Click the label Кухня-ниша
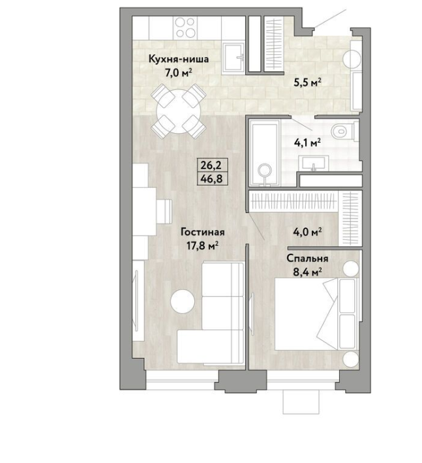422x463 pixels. click(x=178, y=59)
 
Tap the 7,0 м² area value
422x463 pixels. click(x=178, y=72)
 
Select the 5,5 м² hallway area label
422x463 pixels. click(x=307, y=83)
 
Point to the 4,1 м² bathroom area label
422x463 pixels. click(x=307, y=143)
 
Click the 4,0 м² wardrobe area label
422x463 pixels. click(x=307, y=232)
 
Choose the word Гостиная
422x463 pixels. click(x=203, y=232)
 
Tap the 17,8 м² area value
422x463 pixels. click(x=203, y=245)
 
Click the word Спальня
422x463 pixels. click(x=307, y=258)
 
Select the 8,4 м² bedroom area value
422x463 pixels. click(x=307, y=272)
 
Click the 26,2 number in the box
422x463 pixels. click(x=211, y=166)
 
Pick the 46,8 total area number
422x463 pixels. click(x=211, y=179)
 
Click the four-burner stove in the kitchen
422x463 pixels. click(x=185, y=27)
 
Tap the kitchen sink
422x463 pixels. click(x=234, y=58)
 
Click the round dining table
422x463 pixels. click(x=179, y=112)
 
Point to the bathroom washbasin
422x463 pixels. click(x=313, y=163)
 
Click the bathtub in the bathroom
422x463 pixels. click(x=264, y=153)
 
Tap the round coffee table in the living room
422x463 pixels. click(x=183, y=301)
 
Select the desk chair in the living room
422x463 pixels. click(x=164, y=211)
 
